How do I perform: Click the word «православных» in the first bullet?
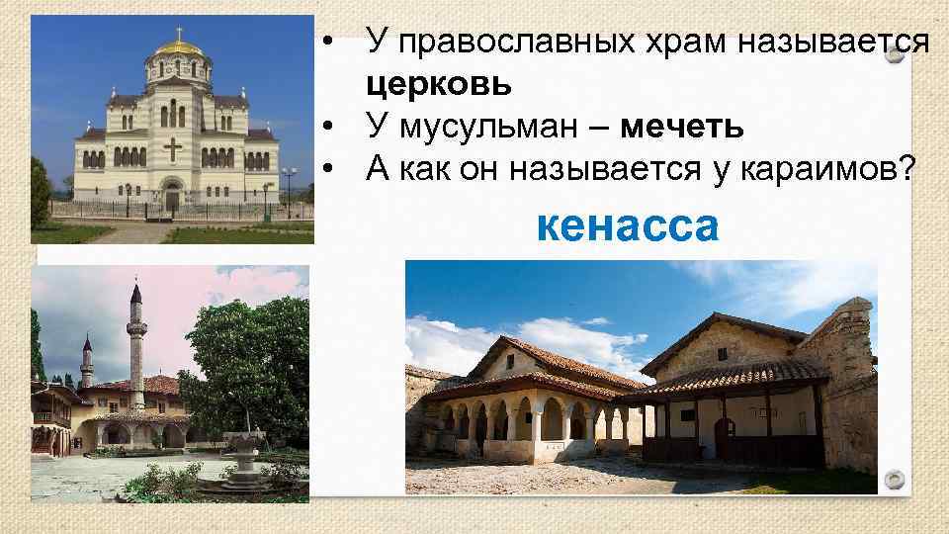522,43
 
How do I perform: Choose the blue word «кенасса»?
626,227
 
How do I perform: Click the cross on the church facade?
173,150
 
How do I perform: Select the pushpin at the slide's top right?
895,55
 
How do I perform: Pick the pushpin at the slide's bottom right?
895,481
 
